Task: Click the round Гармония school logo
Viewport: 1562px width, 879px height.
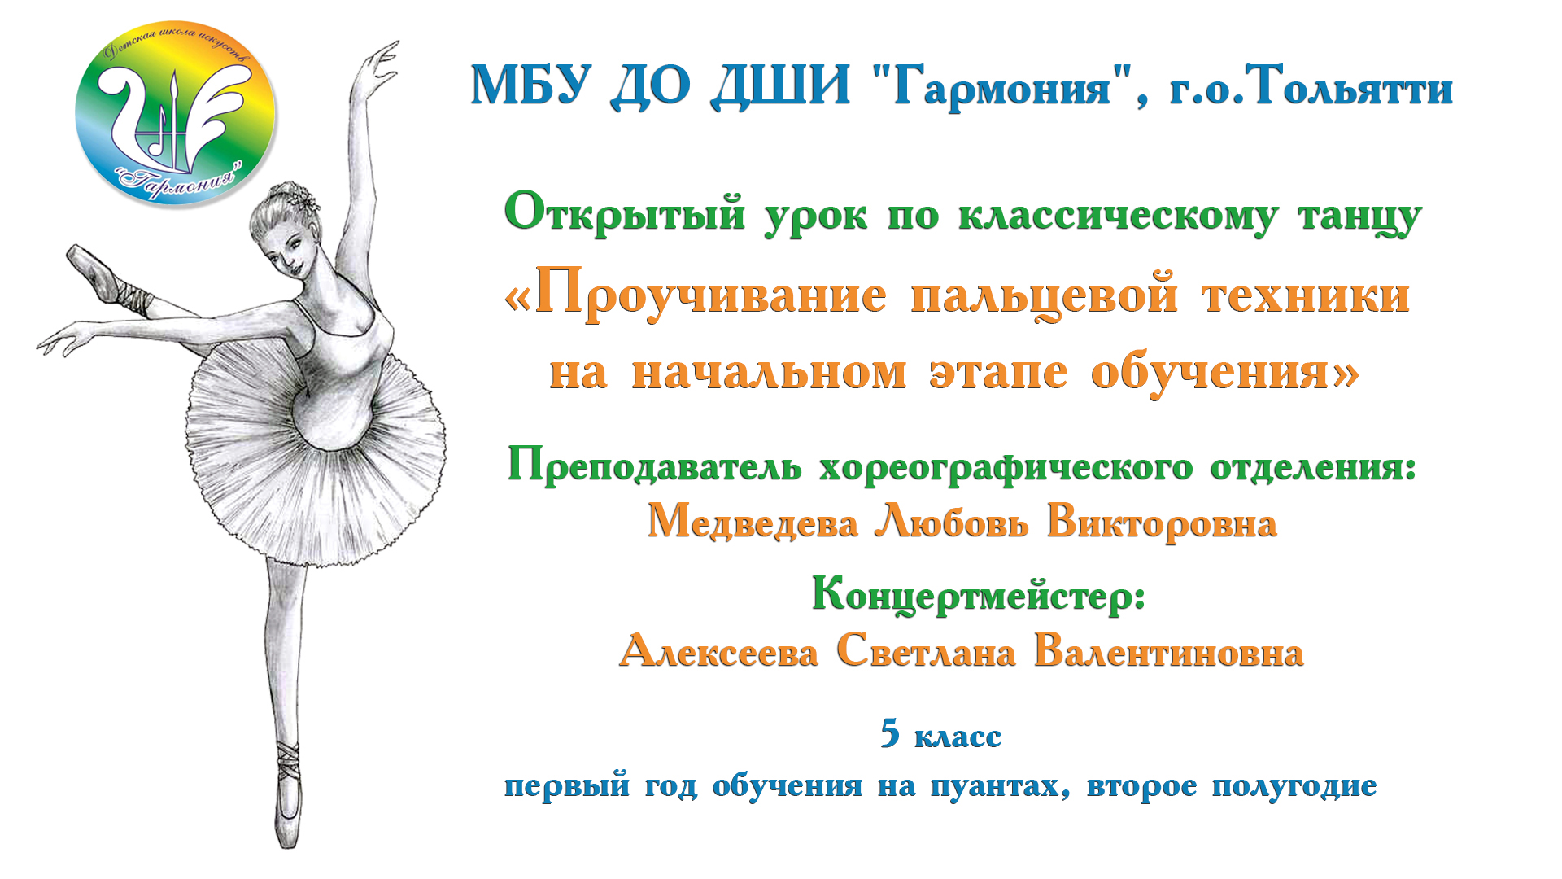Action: tap(175, 114)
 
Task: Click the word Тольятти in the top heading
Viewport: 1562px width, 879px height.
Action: tap(1350, 88)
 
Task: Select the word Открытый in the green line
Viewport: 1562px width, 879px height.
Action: tap(624, 214)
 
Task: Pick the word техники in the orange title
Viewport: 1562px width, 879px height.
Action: tap(1305, 295)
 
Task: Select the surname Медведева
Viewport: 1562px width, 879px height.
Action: tap(752, 522)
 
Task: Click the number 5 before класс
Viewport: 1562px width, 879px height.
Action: tap(890, 733)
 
